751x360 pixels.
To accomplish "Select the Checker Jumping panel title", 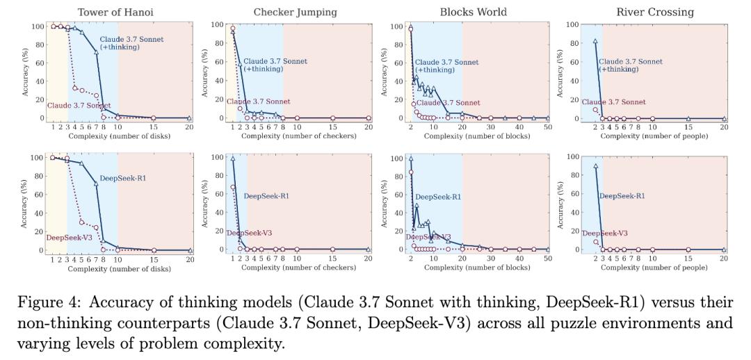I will (x=295, y=12).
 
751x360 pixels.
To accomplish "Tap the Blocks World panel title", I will (x=473, y=12).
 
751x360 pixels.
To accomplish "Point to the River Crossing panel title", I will (x=656, y=12).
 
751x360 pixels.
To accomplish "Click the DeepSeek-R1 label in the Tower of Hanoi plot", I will (x=122, y=179).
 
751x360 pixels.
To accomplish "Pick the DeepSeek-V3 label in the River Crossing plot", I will (x=605, y=234).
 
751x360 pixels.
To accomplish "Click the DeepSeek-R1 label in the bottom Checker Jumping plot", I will (x=266, y=196).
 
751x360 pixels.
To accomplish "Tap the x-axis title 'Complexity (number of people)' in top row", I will (x=654, y=136).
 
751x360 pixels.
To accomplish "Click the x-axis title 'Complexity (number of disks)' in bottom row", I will (x=119, y=268).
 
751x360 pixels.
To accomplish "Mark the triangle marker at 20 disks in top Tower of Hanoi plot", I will (x=190, y=118).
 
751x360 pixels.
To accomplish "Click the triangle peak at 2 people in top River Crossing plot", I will (x=595, y=41).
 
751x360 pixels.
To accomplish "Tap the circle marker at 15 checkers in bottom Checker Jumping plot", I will (x=332, y=249).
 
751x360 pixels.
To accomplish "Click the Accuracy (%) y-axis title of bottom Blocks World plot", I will (x=385, y=204).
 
